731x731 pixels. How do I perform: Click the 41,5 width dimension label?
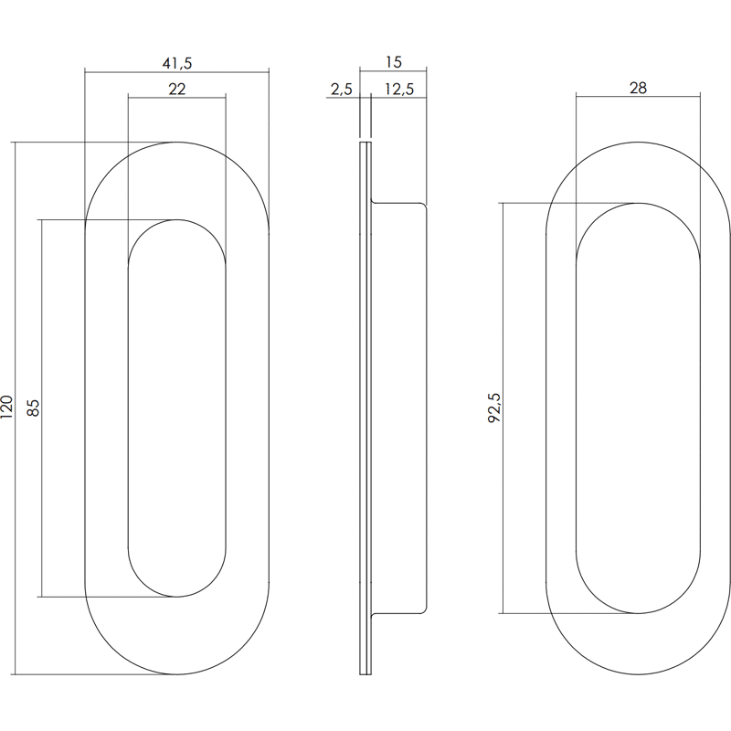pos(176,63)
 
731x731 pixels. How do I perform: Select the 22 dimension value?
pos(176,89)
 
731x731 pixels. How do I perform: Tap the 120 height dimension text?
pos(7,407)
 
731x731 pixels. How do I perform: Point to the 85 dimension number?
pos(33,408)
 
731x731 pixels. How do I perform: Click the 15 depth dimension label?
pos(394,62)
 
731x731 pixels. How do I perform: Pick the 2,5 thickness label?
pos(342,89)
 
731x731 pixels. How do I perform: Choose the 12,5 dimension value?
pos(399,89)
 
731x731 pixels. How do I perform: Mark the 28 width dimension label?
pos(638,88)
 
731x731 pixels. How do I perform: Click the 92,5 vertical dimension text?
pos(494,408)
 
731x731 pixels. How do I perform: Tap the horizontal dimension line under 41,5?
pos(176,72)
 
